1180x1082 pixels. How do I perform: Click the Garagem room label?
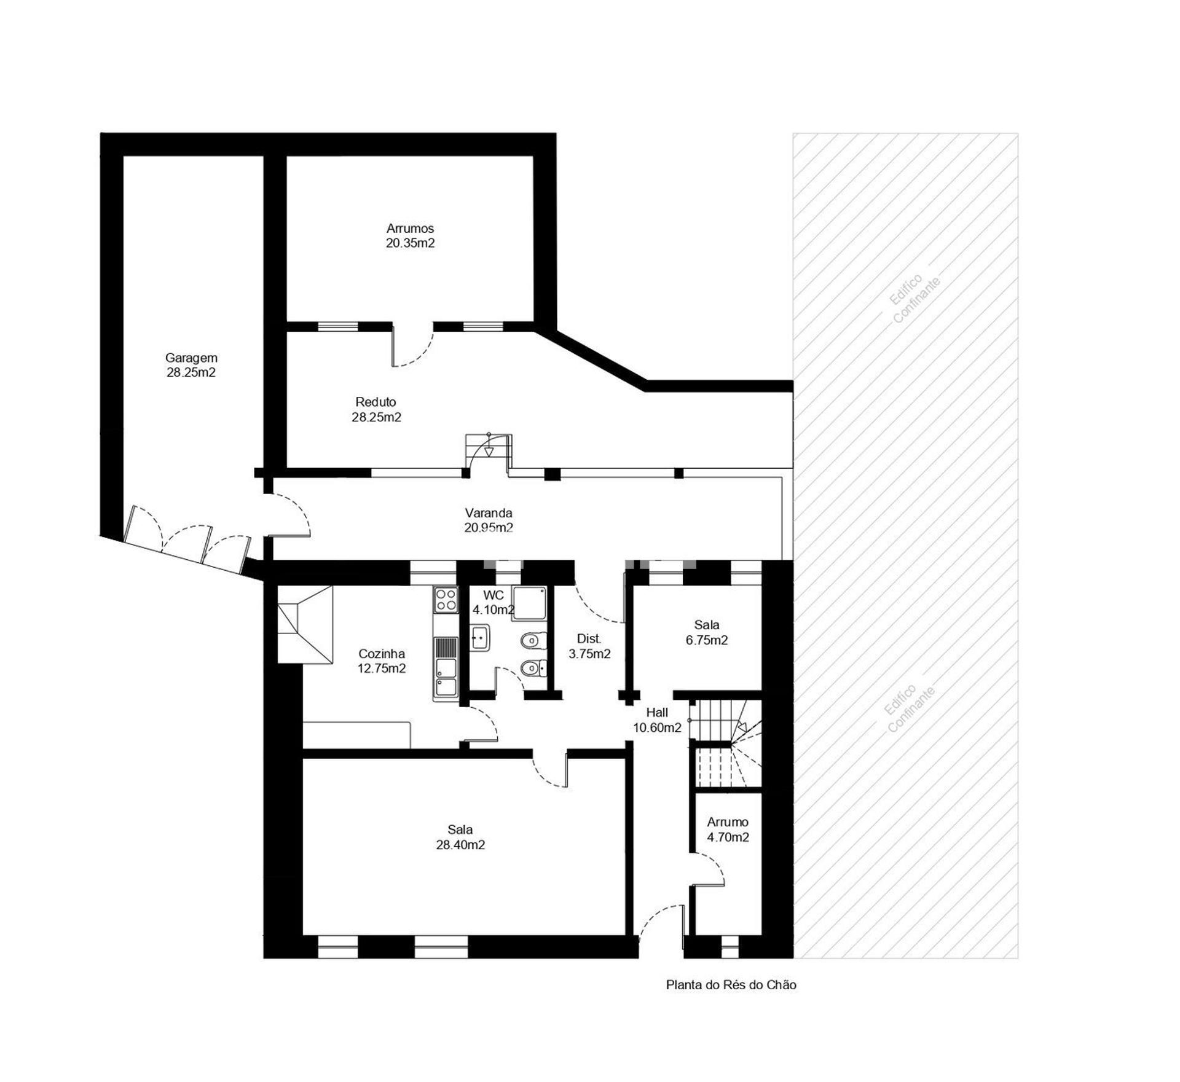[191, 358]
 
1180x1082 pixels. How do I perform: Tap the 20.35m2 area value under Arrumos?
[410, 243]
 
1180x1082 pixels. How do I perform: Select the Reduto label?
[376, 402]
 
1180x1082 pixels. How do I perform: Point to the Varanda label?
[489, 513]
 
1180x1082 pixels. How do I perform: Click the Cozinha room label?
[382, 654]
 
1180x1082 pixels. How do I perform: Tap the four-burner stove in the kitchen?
[446, 600]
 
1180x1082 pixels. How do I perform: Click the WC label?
[494, 595]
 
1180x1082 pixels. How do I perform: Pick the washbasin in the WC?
[479, 637]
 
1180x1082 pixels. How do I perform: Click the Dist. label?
[589, 639]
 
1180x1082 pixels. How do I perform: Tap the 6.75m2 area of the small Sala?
[707, 640]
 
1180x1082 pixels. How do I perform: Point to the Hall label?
[657, 713]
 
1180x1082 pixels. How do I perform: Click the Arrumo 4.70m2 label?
[728, 829]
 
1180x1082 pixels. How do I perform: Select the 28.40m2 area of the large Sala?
[460, 845]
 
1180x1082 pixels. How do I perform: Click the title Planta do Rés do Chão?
[731, 985]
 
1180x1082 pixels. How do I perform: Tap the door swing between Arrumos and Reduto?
[413, 348]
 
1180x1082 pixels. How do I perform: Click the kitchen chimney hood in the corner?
[305, 624]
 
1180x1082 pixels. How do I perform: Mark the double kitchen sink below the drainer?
[446, 679]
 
